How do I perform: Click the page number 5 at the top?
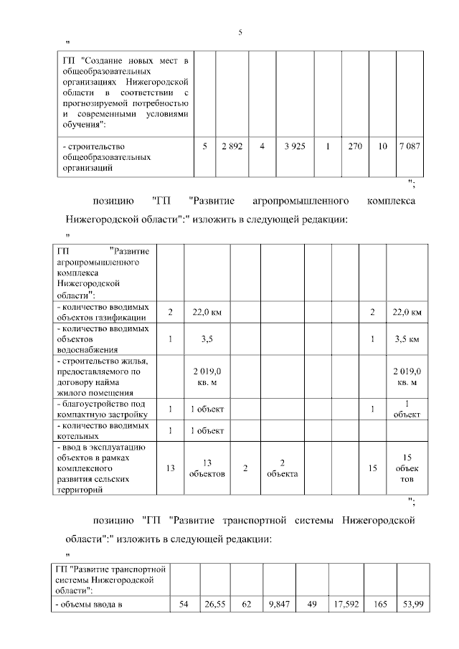[x=241, y=33]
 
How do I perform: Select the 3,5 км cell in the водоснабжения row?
[x=407, y=339]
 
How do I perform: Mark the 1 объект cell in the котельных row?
[x=207, y=430]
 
